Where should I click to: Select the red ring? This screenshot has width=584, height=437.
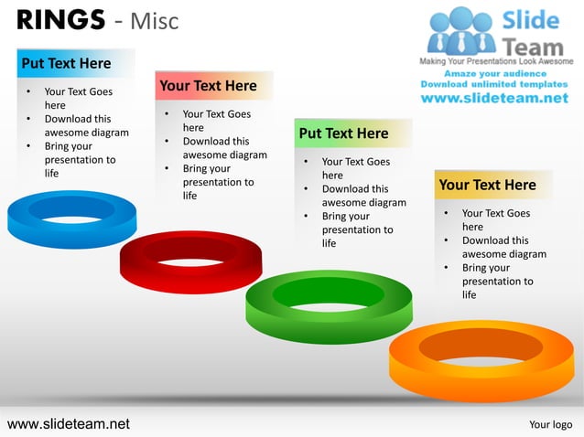pyautogui.click(x=137, y=270)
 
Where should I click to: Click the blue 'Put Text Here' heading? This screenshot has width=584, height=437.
pyautogui.click(x=66, y=63)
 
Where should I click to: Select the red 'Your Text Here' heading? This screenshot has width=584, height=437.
pyautogui.click(x=208, y=86)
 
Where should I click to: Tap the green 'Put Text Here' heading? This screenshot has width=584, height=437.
pyautogui.click(x=343, y=133)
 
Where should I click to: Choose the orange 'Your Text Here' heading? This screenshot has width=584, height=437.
pyautogui.click(x=487, y=185)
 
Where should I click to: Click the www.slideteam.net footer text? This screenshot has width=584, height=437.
pyautogui.click(x=69, y=423)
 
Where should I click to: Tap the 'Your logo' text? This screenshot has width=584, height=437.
pyautogui.click(x=550, y=424)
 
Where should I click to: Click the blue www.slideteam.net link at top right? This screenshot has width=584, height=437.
pyautogui.click(x=494, y=98)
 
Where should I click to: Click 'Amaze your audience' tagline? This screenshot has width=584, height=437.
pyautogui.click(x=495, y=73)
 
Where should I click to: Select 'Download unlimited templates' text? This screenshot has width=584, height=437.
pyautogui.click(x=494, y=84)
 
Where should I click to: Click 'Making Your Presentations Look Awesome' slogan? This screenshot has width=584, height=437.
pyautogui.click(x=495, y=60)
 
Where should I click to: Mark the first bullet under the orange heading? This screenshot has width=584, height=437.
pyautogui.click(x=495, y=220)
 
